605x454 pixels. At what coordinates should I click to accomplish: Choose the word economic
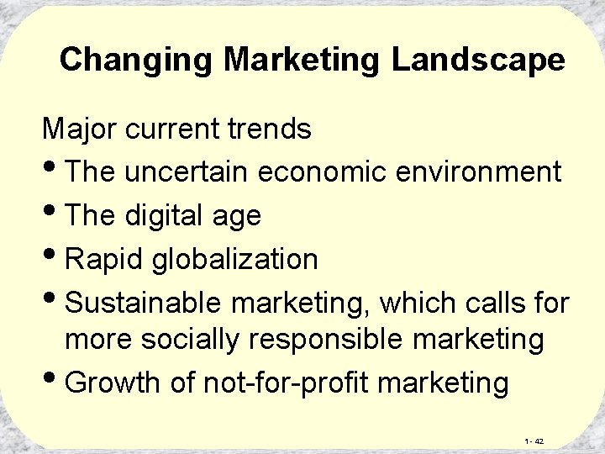(x=323, y=172)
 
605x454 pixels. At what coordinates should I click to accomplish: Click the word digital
(x=159, y=215)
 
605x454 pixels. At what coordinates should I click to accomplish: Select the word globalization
(x=235, y=258)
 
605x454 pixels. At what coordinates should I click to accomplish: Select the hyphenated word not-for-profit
(x=287, y=383)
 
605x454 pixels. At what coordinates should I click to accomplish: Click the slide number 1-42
(x=534, y=441)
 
